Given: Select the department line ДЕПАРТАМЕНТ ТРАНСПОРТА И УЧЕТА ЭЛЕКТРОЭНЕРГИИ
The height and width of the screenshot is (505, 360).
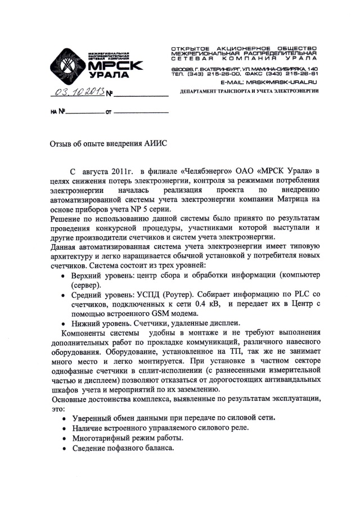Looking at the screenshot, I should point(247,91).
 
